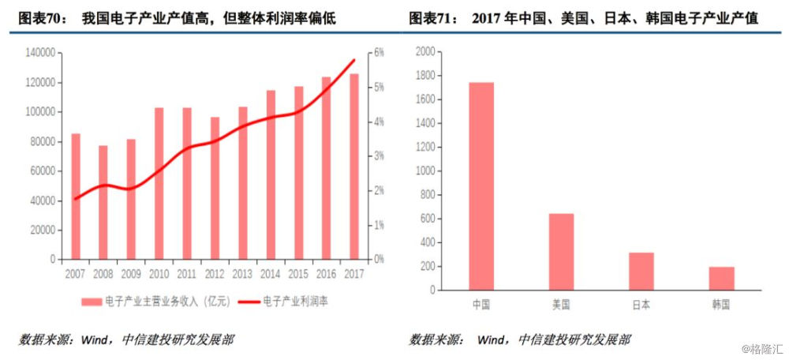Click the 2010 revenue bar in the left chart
click(x=159, y=183)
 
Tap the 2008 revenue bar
click(x=103, y=202)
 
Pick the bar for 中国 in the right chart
click(x=481, y=186)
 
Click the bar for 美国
click(x=561, y=252)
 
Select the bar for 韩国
click(x=721, y=279)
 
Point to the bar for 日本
click(x=641, y=272)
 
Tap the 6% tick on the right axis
click(x=379, y=53)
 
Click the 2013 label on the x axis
click(x=243, y=273)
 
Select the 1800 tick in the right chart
click(x=424, y=76)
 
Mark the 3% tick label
click(x=379, y=156)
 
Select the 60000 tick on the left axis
click(x=43, y=171)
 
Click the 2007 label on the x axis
click(x=75, y=273)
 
